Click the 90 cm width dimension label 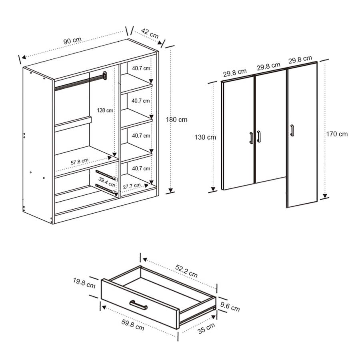[72, 41]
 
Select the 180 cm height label [177, 119]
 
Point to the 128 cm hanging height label [105, 110]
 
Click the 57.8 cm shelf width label [80, 162]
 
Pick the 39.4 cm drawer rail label [107, 180]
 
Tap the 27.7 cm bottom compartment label [132, 186]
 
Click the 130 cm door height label [206, 137]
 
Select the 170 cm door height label [337, 134]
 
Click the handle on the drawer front [138, 305]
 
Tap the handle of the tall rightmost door [292, 131]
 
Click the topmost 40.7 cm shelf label [141, 68]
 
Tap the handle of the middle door [259, 136]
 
